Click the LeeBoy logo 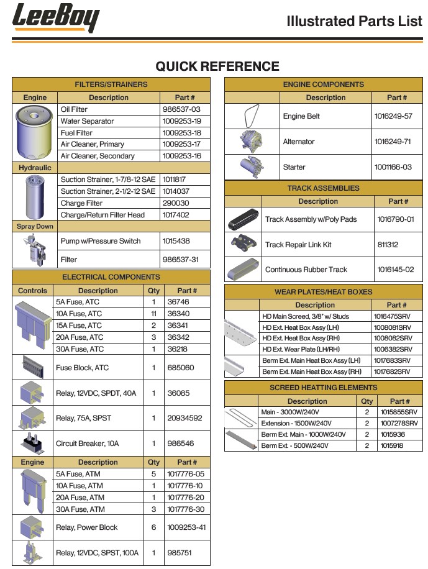pos(55,18)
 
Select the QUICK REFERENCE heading pos(217,66)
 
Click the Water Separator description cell pos(88,121)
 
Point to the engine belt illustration pos(252,116)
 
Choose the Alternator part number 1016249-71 pos(393,142)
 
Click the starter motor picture pos(252,166)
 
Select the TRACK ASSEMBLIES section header pos(323,188)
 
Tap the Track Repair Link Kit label pos(298,245)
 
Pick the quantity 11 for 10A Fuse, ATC pos(153,314)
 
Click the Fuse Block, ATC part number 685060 pos(181,368)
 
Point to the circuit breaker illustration pos(32,442)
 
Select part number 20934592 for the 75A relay pos(184,418)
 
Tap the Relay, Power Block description pos(87,527)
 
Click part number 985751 pos(180,553)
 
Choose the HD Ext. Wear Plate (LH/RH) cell pos(303,350)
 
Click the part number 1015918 pos(393,446)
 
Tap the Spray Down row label pos(35,227)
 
